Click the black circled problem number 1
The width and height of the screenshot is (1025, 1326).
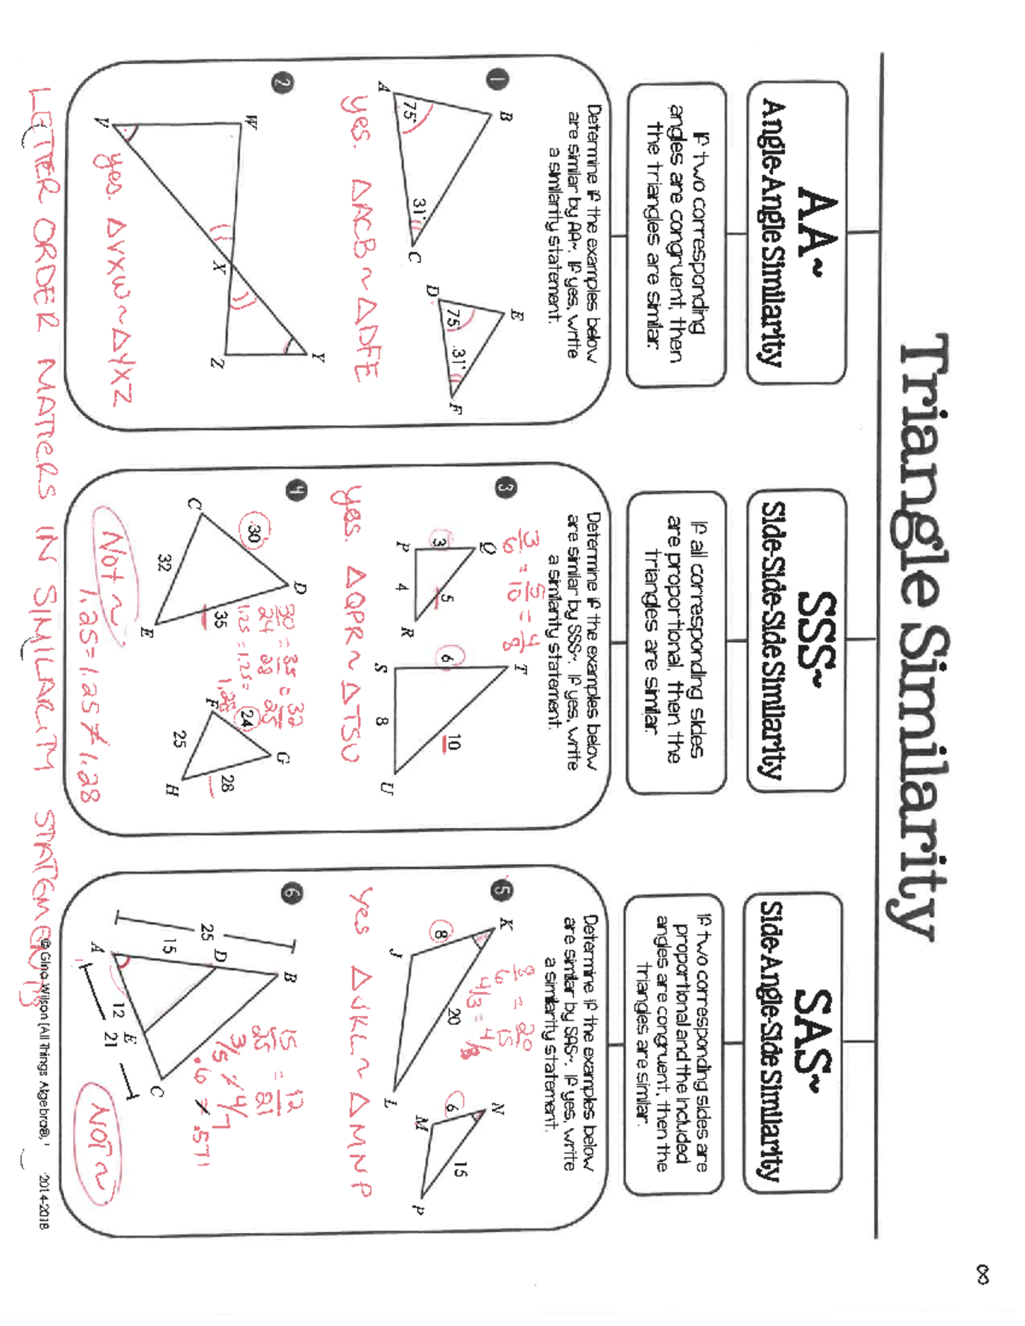498,79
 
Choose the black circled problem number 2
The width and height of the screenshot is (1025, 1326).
283,82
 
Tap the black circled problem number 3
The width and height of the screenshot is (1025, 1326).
504,488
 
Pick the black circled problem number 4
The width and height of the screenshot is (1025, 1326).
296,490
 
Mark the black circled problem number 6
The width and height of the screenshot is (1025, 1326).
291,893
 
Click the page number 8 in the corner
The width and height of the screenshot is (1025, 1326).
983,1276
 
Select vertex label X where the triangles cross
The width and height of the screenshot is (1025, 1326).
219,267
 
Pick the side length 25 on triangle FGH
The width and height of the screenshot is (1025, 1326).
179,739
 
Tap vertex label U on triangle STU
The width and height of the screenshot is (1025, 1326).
387,787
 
